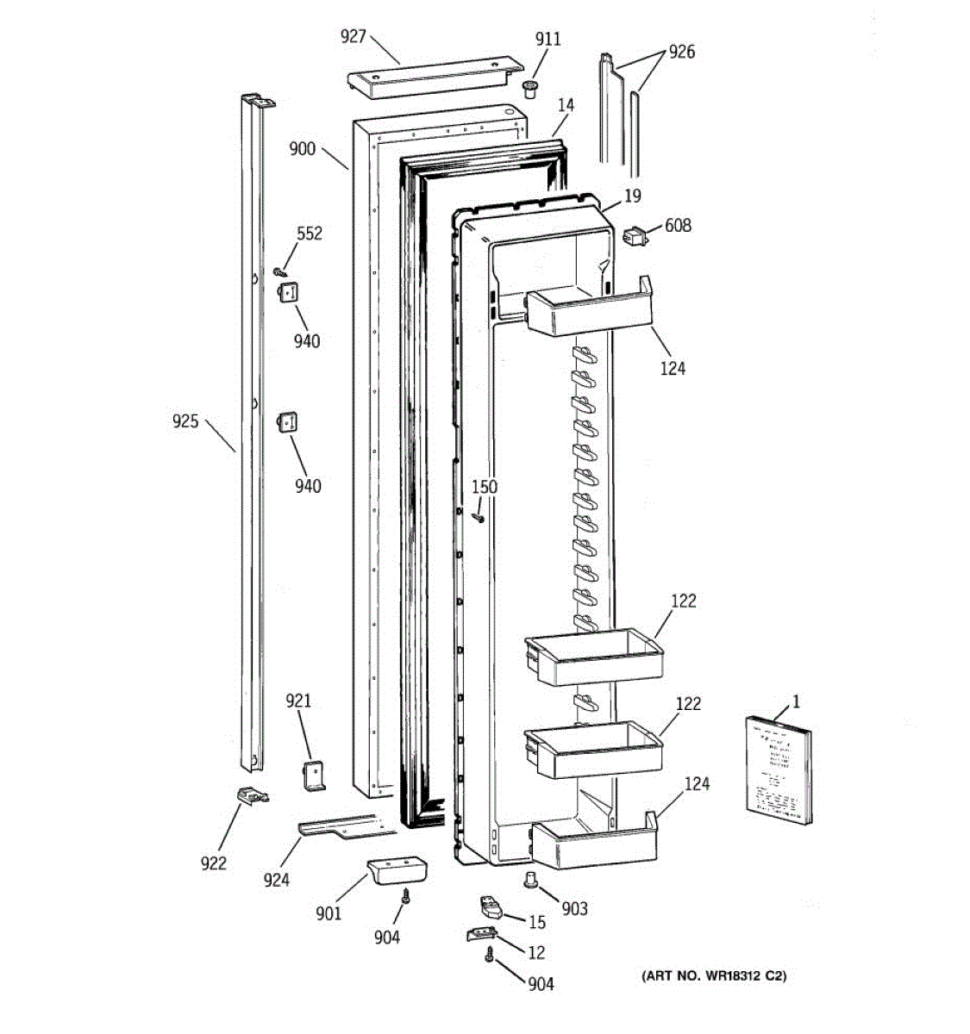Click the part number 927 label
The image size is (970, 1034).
354,36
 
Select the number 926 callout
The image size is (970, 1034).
681,52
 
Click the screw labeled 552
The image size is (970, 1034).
279,271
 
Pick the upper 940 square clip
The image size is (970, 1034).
287,292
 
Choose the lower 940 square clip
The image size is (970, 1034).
287,422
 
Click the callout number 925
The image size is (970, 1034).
185,421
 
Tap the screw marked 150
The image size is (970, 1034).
478,517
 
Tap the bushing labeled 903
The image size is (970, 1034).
530,879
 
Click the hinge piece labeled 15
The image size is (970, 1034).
491,907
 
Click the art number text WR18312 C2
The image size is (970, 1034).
714,976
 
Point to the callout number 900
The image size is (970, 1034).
303,148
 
